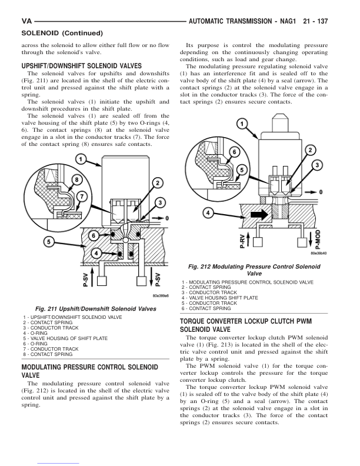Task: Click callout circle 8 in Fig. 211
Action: [x=76, y=179]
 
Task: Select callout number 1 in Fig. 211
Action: [x=80, y=159]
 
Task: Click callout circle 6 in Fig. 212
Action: [x=234, y=152]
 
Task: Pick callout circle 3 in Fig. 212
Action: [x=317, y=165]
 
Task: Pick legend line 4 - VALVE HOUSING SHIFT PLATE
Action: [x=220, y=298]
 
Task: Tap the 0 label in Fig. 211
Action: [x=168, y=218]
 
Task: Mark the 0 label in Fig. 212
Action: [x=321, y=192]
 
